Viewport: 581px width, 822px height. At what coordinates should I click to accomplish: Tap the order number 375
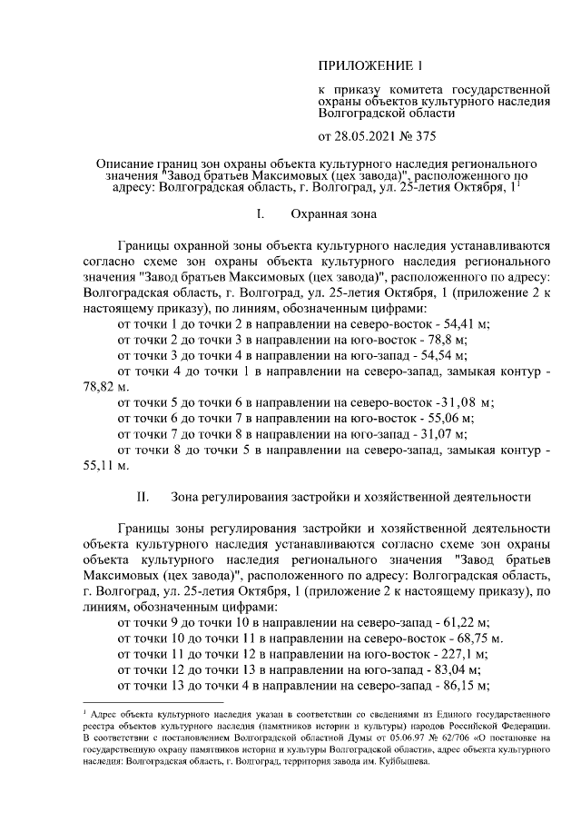click(420, 137)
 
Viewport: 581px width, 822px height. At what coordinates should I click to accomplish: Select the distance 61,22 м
click(461, 620)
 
